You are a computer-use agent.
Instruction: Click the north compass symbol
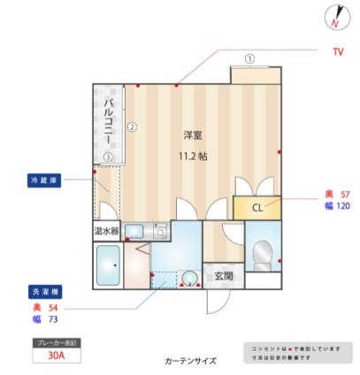(337, 16)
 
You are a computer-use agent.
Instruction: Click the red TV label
(337, 51)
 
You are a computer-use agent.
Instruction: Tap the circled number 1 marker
(250, 59)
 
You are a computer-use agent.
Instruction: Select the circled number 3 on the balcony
(108, 157)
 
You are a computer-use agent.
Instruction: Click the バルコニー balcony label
(107, 122)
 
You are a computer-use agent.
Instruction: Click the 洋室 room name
(193, 135)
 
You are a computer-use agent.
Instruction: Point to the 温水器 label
(107, 232)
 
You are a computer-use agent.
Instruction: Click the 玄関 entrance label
(223, 275)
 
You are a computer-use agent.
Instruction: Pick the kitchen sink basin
(134, 232)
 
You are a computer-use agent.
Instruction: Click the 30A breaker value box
(55, 357)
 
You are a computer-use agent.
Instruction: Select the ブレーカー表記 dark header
(55, 341)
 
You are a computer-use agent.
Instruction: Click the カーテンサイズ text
(190, 361)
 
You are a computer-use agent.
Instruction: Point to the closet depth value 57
(344, 194)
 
